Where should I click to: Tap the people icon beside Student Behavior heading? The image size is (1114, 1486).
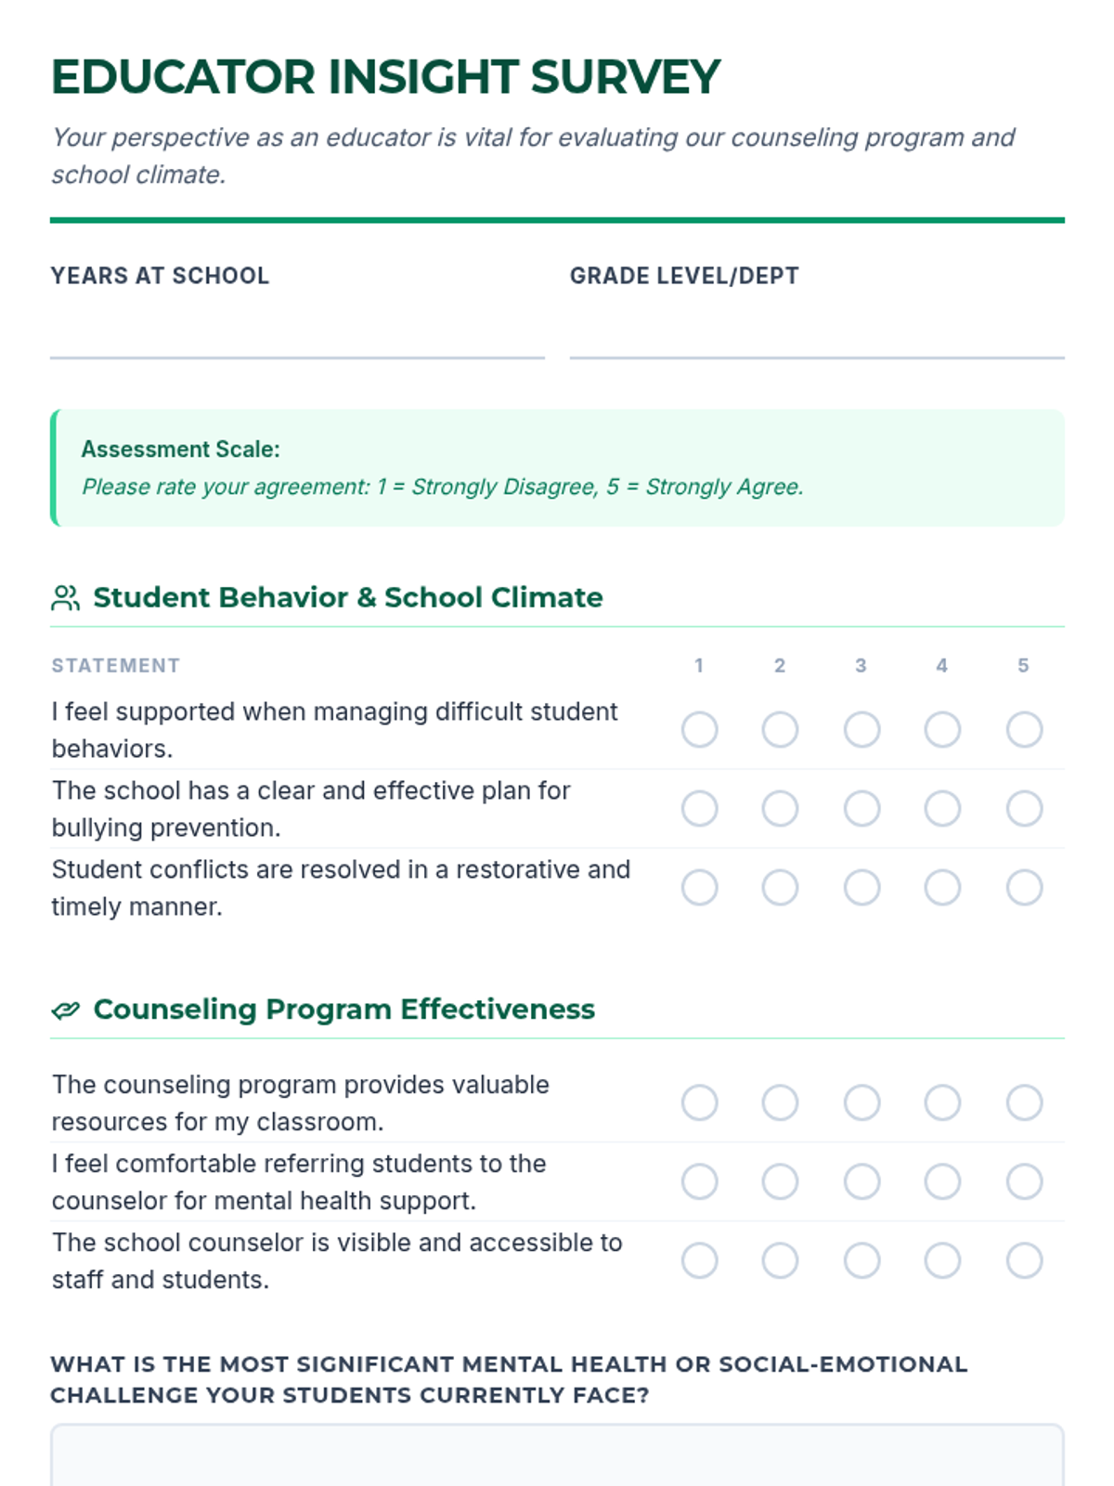pos(65,598)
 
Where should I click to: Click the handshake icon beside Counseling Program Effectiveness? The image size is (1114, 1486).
pos(65,1010)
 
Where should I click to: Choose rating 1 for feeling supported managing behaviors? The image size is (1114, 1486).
pos(699,730)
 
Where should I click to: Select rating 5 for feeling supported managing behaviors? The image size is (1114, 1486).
pos(1024,730)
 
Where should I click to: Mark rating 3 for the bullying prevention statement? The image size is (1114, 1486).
pos(861,809)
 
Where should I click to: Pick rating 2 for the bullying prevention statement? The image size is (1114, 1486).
pos(780,809)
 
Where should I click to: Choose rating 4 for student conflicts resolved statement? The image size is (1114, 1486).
pos(942,888)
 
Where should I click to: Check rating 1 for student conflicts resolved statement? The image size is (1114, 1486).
pos(699,888)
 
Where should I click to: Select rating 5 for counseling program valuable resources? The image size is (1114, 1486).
pos(1024,1103)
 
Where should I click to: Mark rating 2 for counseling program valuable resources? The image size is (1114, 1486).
pos(780,1103)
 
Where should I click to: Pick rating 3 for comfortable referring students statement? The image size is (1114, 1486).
pos(861,1182)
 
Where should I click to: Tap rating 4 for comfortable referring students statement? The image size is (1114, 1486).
pos(942,1182)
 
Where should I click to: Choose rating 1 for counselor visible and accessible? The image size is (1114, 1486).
pos(699,1261)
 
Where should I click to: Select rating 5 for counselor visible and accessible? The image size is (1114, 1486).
pos(1024,1261)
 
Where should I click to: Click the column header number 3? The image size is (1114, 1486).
pos(861,666)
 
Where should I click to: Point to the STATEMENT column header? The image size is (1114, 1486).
pos(116,666)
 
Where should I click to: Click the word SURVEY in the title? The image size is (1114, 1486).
pos(625,77)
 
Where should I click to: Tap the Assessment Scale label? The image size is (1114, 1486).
pos(180,450)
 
